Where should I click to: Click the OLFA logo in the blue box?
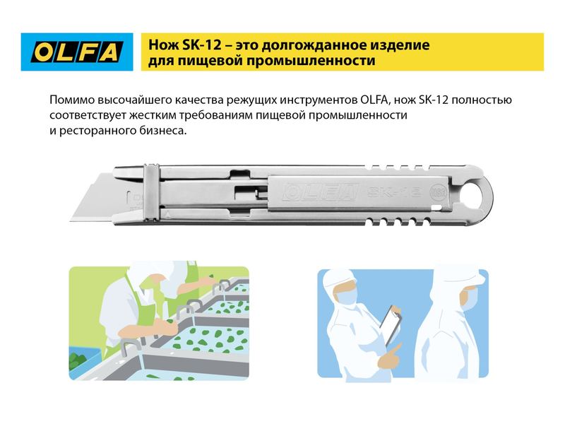coord(77,52)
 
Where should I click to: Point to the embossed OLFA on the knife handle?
coord(320,192)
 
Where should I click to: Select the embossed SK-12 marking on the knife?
coord(394,192)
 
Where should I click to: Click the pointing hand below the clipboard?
coord(390,355)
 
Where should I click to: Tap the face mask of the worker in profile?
coord(470,299)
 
